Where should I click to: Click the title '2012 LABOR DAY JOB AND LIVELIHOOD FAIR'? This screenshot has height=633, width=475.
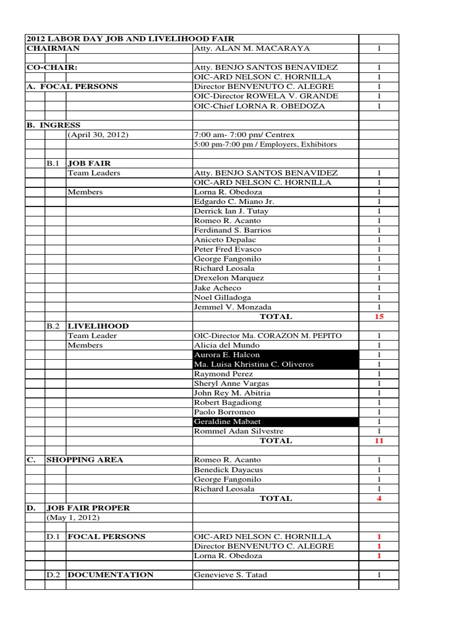click(x=131, y=39)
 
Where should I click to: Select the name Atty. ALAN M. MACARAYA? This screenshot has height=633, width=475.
click(x=243, y=48)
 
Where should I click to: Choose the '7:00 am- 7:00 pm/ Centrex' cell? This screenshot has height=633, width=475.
click(x=244, y=135)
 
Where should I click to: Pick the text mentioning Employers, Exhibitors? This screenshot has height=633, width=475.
click(x=265, y=144)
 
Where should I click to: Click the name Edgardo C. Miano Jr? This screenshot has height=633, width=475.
click(x=234, y=202)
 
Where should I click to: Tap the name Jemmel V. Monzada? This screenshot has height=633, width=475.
click(x=233, y=307)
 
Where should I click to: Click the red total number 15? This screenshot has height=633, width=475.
click(x=379, y=316)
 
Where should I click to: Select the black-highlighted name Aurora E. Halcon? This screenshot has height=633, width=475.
click(x=227, y=355)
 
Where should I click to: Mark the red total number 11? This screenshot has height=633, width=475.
click(x=379, y=441)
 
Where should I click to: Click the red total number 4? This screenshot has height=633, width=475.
click(x=379, y=498)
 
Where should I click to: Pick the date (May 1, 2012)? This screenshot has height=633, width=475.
click(x=74, y=517)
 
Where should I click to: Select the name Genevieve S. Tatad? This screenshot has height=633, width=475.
click(x=231, y=575)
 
